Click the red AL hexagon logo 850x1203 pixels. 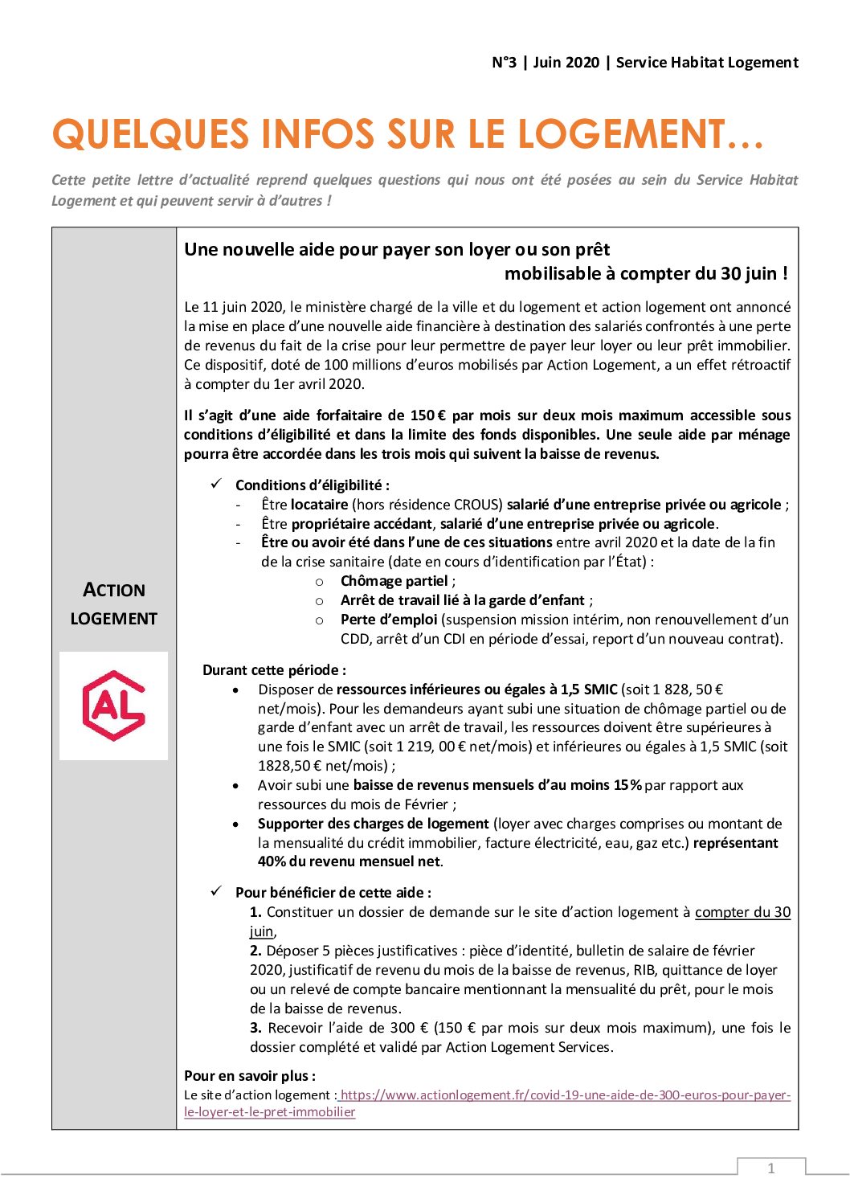[x=114, y=706]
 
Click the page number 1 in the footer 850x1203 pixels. [x=771, y=1168]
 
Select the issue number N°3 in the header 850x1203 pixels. [x=504, y=63]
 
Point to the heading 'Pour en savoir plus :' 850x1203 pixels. [x=250, y=1076]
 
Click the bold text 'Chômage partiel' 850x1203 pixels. [x=394, y=581]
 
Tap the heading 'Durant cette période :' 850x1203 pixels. [x=275, y=670]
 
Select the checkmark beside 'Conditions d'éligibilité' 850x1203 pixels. [x=216, y=484]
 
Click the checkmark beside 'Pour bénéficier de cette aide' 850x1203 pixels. [x=216, y=891]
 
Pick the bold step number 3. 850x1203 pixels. [x=255, y=1028]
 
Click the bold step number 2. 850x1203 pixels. [x=255, y=951]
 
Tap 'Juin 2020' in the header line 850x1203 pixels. [x=566, y=63]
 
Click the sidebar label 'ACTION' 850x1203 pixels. [x=114, y=591]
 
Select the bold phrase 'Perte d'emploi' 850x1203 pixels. [x=389, y=620]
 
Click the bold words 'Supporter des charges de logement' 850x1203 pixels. [x=374, y=824]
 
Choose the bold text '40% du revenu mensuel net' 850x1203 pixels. [x=349, y=862]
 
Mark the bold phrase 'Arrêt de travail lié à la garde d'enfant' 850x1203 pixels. [x=463, y=600]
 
